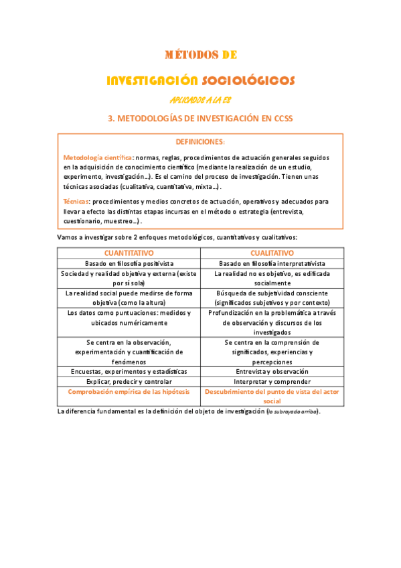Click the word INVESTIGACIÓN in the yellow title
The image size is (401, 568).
[152, 81]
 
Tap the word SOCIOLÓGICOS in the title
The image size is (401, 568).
[248, 81]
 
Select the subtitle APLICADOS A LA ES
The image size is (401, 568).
[200, 100]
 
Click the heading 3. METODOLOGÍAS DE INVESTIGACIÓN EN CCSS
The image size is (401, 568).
[200, 119]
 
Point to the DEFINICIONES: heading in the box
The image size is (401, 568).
[200, 142]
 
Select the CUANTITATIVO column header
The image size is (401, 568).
[129, 253]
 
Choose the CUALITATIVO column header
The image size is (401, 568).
[272, 253]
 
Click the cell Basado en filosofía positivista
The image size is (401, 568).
[129, 264]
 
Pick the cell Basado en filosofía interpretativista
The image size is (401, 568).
[272, 264]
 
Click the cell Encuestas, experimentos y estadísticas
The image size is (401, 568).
[129, 371]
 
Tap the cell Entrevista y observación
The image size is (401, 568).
[272, 371]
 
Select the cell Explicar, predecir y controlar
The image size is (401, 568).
[129, 381]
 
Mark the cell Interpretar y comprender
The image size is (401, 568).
[272, 381]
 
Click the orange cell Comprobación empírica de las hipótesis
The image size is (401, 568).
[129, 391]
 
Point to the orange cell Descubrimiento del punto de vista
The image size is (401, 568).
[272, 391]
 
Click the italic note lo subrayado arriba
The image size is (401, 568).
[293, 411]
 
